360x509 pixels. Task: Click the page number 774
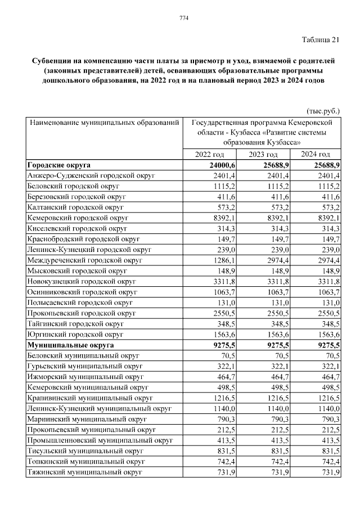coord(183,19)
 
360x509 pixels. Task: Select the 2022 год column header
coord(209,155)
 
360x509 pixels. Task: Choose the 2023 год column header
coord(263,155)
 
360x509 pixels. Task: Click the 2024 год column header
coord(315,155)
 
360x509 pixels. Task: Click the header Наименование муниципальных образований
coord(104,122)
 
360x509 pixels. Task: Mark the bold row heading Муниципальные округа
coord(70,345)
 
